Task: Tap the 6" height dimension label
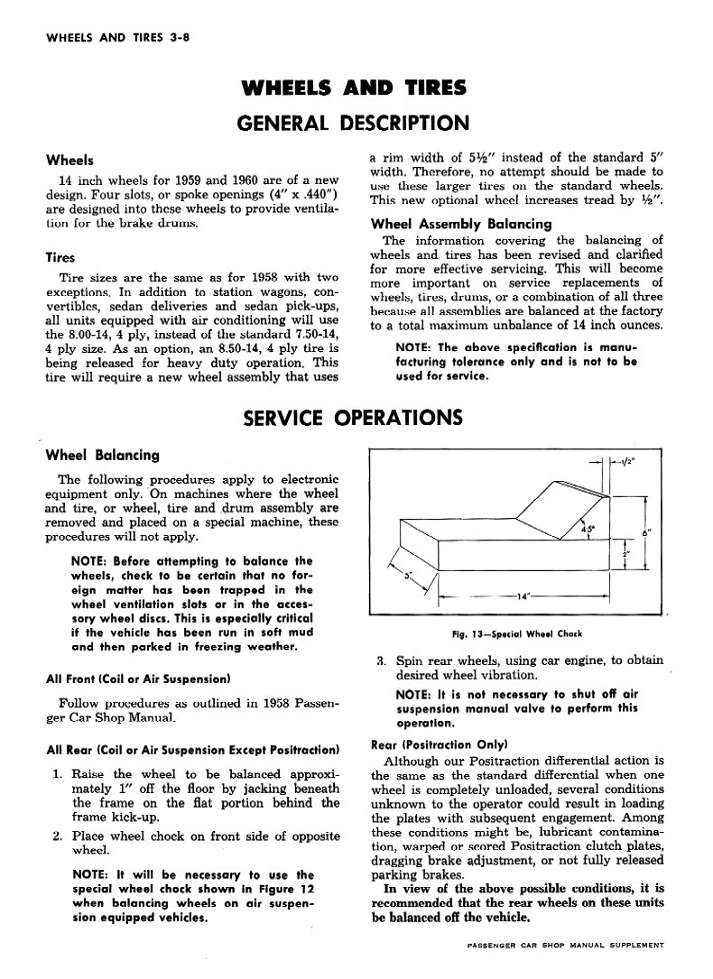pos(646,533)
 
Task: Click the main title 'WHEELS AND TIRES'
pos(356,88)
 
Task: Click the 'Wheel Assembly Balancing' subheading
pos(461,223)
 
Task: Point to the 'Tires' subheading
pos(61,257)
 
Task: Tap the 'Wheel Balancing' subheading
pos(102,455)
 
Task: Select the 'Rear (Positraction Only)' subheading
pos(440,744)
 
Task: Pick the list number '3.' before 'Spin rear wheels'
pos(383,660)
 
